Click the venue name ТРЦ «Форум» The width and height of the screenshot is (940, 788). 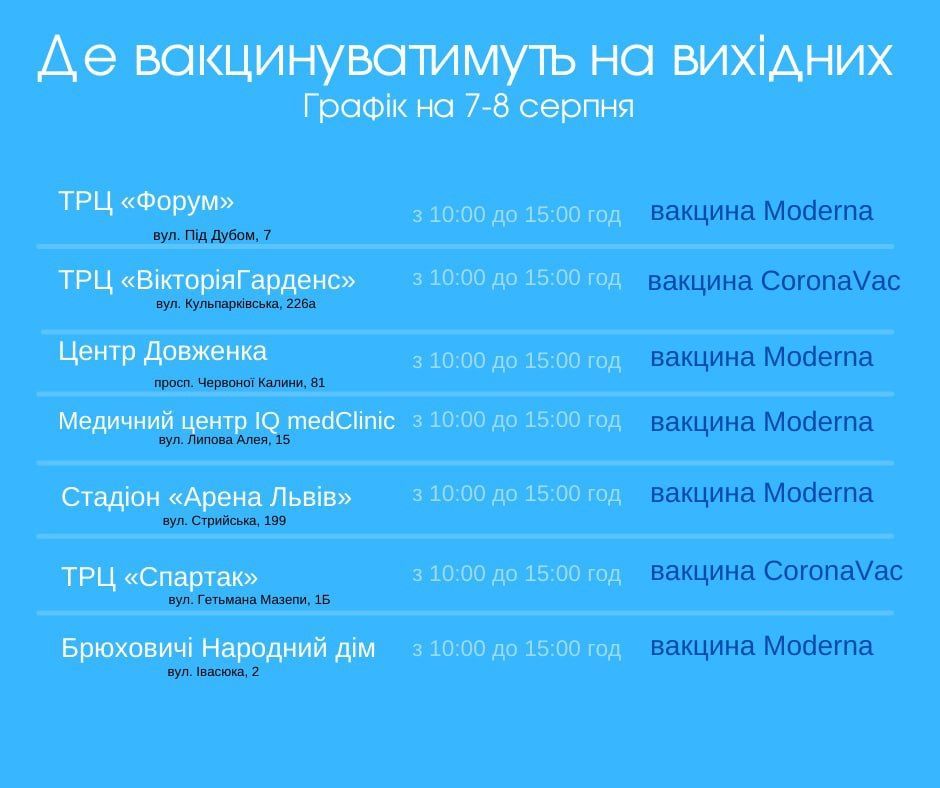tap(146, 201)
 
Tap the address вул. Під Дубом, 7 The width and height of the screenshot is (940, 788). tap(212, 235)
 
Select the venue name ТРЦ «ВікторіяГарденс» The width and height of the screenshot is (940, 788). tap(207, 280)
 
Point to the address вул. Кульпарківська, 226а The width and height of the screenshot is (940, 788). tap(236, 304)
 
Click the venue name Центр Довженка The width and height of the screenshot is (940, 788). tap(162, 351)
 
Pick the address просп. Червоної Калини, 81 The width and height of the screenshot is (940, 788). tap(239, 383)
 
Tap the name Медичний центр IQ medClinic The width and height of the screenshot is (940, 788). tap(227, 421)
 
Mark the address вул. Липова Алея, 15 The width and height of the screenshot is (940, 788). tap(224, 440)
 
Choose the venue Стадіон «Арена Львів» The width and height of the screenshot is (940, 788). tap(206, 497)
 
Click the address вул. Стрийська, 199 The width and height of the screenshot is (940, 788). tap(224, 521)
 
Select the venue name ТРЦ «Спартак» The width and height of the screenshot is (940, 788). tap(159, 577)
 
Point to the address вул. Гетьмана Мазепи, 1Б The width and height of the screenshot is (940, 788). tap(249, 600)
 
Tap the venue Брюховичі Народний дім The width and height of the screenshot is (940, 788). tap(218, 648)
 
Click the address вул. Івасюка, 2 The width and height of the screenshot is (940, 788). tap(213, 672)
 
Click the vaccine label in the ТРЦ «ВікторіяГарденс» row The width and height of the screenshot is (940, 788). tap(774, 281)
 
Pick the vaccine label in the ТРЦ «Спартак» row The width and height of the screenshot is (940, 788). tap(776, 571)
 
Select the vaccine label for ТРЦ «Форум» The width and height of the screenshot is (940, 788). tap(761, 211)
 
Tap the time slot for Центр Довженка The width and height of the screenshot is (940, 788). tap(516, 361)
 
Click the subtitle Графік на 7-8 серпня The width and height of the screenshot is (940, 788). tap(468, 107)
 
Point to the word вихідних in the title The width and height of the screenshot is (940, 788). tap(782, 58)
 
